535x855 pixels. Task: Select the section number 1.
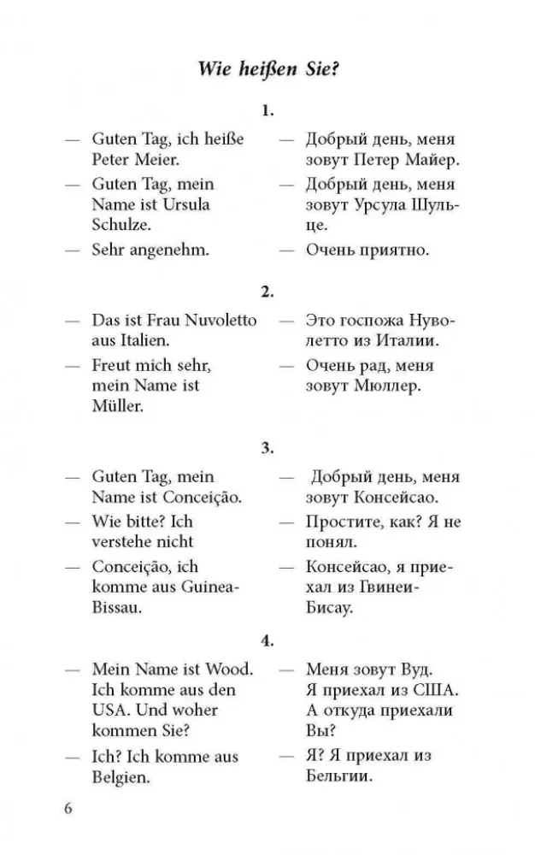(x=267, y=110)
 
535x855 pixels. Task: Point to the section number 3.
(x=267, y=447)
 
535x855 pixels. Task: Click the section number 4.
(x=267, y=640)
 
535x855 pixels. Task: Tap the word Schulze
(x=121, y=226)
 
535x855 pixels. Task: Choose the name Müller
(x=118, y=407)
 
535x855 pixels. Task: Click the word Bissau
(x=117, y=608)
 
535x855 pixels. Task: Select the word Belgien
(x=121, y=777)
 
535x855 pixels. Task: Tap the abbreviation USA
(x=110, y=710)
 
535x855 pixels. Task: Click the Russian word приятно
(x=396, y=251)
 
